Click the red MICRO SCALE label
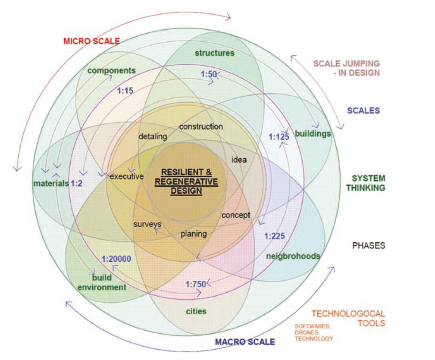(91, 41)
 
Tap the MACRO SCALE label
(244, 342)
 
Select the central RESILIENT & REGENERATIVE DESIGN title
(186, 181)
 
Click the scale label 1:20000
(116, 259)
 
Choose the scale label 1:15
(125, 91)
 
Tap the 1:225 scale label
(275, 236)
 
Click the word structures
(214, 53)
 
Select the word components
(112, 70)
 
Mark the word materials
(51, 183)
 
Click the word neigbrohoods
(293, 256)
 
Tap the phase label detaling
(153, 137)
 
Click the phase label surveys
(147, 224)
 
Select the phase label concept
(236, 215)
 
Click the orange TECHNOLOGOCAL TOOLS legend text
(348, 318)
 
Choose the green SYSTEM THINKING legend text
(368, 183)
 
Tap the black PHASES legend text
(369, 246)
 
